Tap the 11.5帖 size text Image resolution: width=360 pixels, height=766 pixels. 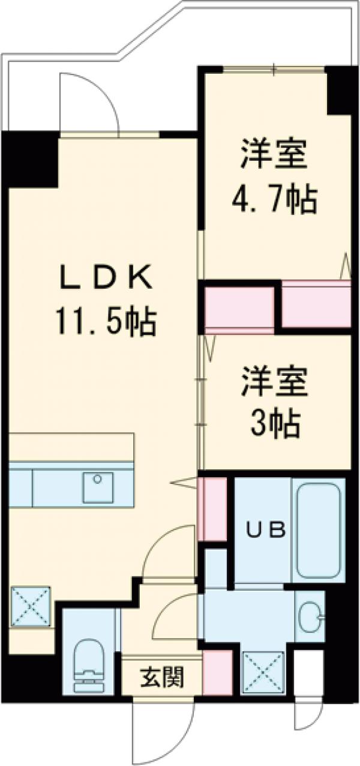coord(106,322)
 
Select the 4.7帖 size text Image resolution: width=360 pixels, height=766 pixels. coord(275,200)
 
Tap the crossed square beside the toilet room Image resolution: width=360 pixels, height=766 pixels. coord(31,606)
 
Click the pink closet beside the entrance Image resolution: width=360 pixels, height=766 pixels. coord(217,673)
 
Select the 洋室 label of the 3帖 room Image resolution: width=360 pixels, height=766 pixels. coord(275,384)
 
